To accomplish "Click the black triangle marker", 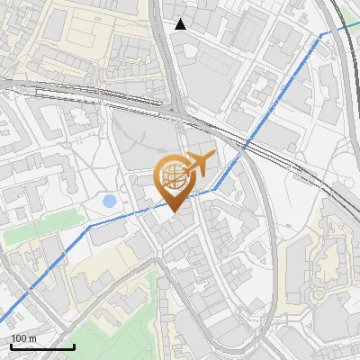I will (x=181, y=24).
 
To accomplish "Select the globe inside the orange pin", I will (x=173, y=178).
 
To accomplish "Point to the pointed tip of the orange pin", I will (x=173, y=212).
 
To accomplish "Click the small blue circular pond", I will (x=109, y=201).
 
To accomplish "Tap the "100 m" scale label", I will (x=23, y=337).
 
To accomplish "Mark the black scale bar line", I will (x=42, y=346).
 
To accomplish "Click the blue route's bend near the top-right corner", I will (x=324, y=35).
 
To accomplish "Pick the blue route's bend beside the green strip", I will (x=88, y=228).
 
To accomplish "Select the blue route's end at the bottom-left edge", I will (x=2, y=323).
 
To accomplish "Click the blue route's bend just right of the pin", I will (x=213, y=190).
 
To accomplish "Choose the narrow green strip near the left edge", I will (x=31, y=234).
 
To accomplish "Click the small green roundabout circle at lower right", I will (x=318, y=294).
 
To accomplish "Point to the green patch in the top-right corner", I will (x=351, y=7).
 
